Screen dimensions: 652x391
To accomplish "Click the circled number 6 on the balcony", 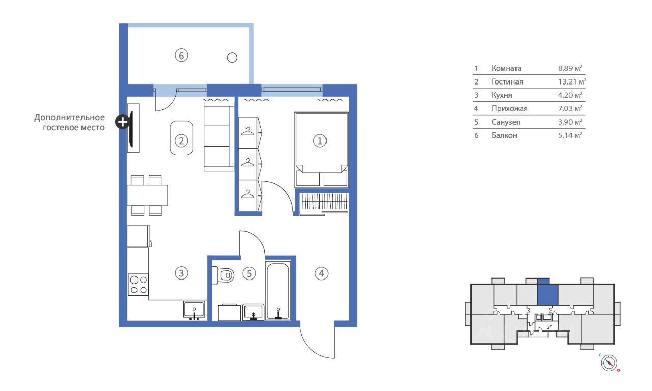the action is point(181,55).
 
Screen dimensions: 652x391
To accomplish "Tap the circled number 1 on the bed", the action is point(320,141).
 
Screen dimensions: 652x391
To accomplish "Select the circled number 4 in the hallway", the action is point(321,273).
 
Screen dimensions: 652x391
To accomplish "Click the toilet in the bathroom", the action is point(224,275).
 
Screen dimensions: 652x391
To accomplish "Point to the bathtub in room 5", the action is point(278,290).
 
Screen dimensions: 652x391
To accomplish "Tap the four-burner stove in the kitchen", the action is point(138,285).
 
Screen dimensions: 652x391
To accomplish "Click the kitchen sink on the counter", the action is point(194,310).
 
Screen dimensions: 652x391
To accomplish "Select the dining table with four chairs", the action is point(147,195).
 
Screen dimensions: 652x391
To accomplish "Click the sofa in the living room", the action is point(219,136).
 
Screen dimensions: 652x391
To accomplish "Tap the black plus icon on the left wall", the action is point(123,122).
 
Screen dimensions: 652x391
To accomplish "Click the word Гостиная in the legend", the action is point(507,82).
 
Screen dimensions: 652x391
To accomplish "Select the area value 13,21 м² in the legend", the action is point(572,81).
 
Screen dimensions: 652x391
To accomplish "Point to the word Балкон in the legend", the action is point(504,135).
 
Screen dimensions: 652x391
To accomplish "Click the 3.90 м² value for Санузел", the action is point(570,122).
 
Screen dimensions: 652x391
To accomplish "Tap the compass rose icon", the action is point(609,363).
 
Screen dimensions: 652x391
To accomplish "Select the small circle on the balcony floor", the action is point(232,58).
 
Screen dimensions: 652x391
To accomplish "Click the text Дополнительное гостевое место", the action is point(70,123).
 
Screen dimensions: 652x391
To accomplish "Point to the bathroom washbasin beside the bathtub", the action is point(253,313).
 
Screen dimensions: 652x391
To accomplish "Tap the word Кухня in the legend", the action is point(502,95).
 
